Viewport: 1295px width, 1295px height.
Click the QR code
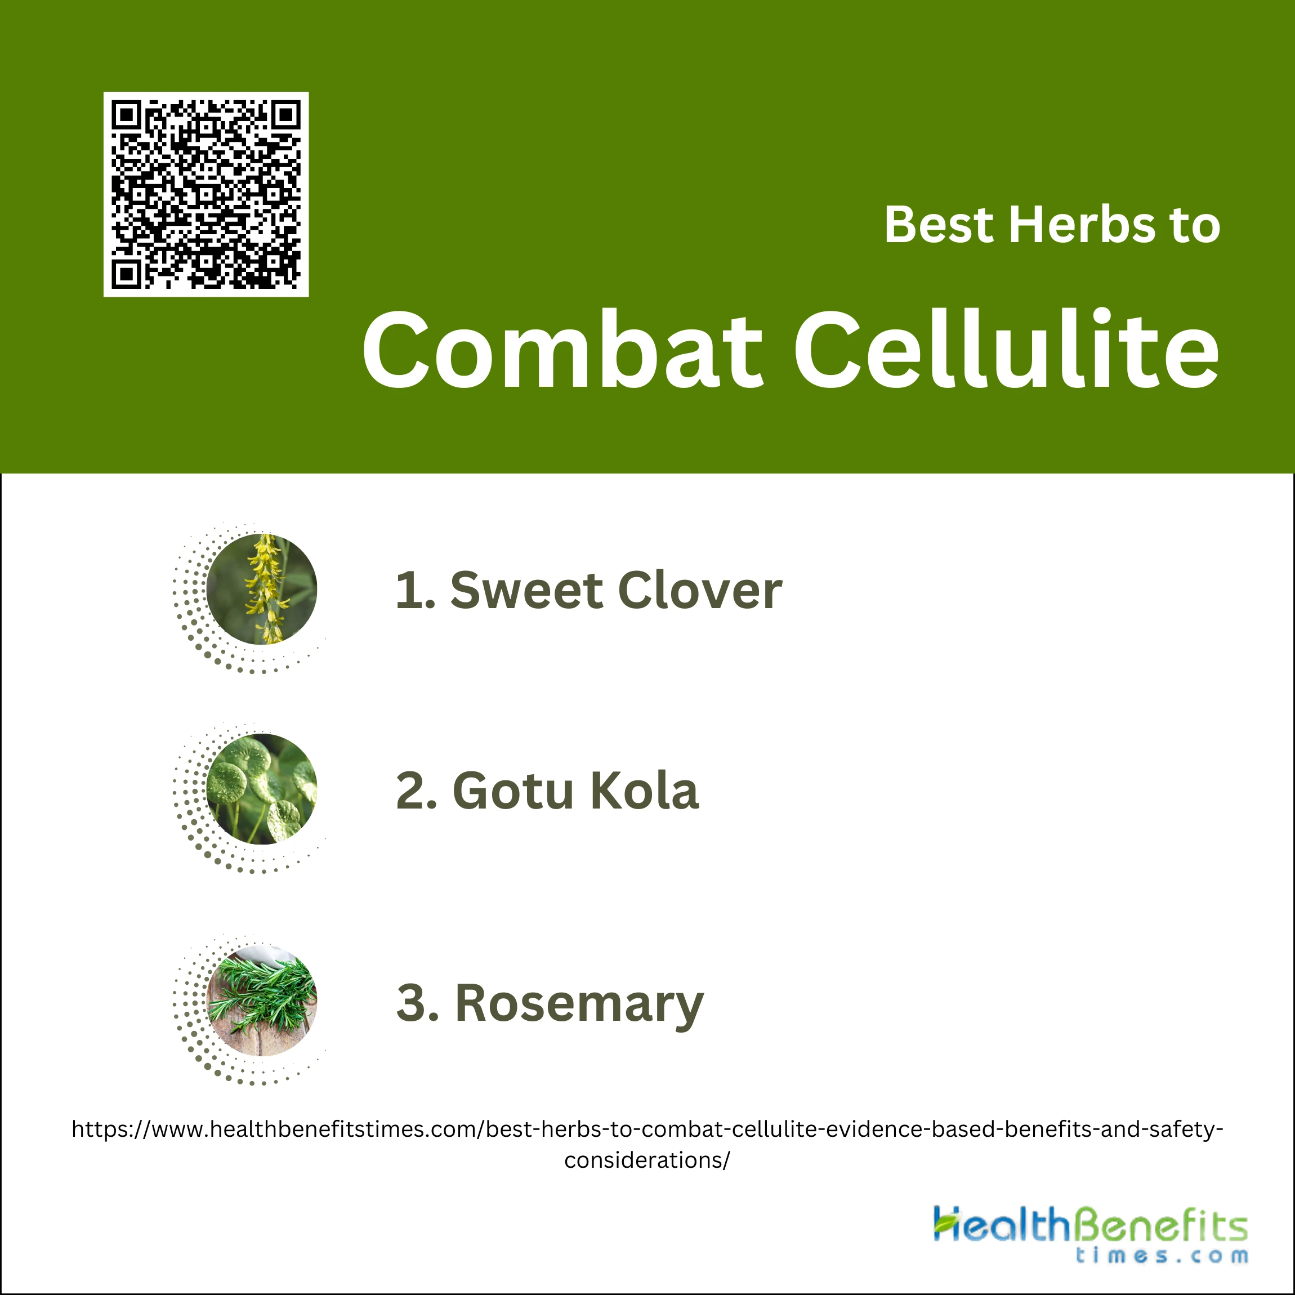[206, 194]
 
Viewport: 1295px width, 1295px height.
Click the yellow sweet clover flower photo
[261, 589]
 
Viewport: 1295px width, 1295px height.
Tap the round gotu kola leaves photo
[261, 789]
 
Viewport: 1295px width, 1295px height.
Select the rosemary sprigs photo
[261, 1001]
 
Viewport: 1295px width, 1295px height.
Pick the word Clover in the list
[700, 591]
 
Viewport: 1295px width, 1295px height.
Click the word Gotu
[514, 791]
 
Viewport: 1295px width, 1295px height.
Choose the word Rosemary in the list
[579, 1004]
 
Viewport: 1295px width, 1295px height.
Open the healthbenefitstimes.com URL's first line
[647, 1129]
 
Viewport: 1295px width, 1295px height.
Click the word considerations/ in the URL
[647, 1160]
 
